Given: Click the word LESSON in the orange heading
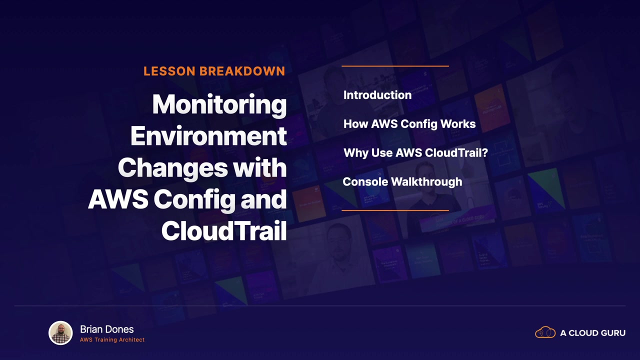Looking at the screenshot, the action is tap(169, 71).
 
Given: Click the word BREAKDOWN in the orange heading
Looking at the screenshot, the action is tap(242, 71).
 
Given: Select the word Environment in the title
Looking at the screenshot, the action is tap(208, 136).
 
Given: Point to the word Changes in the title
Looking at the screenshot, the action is tap(172, 169).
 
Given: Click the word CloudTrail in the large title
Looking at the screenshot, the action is tap(223, 231).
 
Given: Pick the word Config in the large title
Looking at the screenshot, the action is tap(194, 201).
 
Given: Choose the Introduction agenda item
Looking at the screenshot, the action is tap(377, 95).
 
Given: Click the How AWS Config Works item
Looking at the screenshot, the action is tap(409, 124).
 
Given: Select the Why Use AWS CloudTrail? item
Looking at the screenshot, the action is tap(415, 153).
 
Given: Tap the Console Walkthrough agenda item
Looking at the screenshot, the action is tap(402, 182).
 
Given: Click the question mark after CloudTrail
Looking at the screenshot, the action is tap(485, 153).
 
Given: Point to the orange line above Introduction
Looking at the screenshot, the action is tap(395, 66).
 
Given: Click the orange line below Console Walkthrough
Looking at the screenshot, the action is tap(395, 210).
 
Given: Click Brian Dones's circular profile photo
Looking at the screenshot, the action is tap(60, 333).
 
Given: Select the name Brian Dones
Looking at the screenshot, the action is tap(107, 329).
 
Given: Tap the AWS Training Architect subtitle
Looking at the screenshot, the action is tap(112, 339).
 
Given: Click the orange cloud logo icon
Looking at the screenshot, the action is tap(545, 332).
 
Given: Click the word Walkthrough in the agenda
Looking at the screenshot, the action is tap(426, 182).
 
